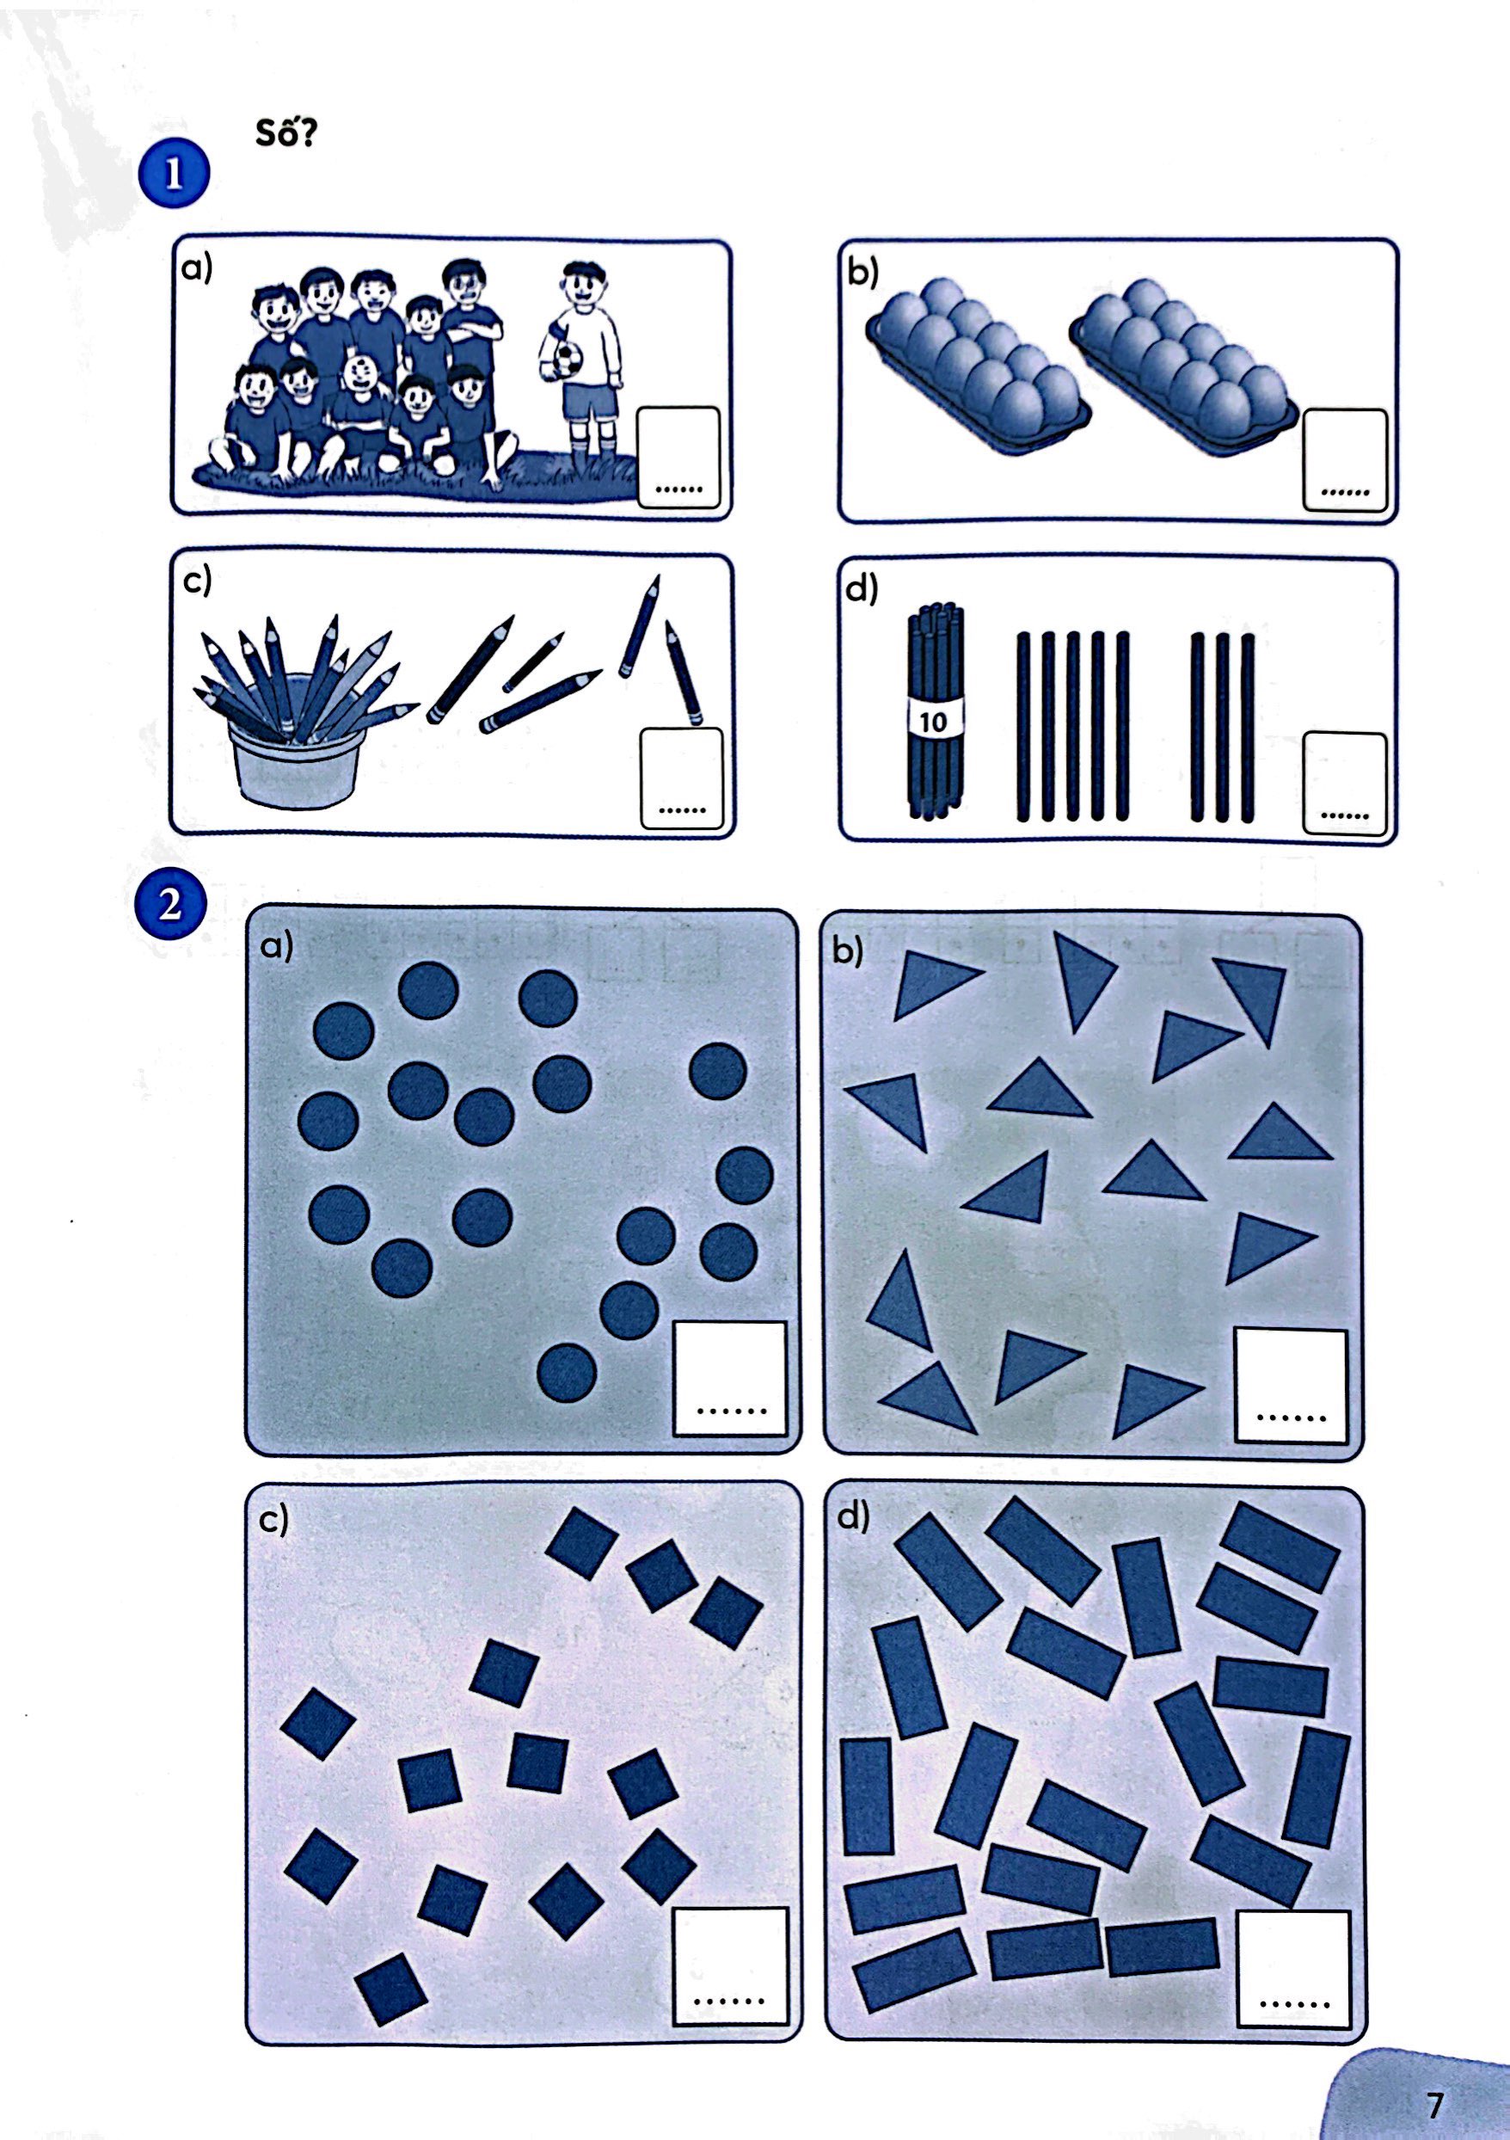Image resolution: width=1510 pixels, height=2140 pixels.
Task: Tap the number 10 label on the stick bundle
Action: tap(933, 722)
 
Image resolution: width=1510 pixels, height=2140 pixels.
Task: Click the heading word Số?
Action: tap(286, 133)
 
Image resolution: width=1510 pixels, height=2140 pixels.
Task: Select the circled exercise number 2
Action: tap(169, 904)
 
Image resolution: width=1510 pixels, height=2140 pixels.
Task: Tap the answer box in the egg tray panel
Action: tap(1344, 459)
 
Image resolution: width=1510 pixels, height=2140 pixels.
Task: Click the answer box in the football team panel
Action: tap(678, 457)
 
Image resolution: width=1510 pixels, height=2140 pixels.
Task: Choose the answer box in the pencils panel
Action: tap(682, 778)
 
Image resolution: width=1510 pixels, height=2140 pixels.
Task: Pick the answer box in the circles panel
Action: tap(730, 1379)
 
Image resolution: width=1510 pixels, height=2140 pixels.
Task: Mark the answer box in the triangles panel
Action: tap(1291, 1386)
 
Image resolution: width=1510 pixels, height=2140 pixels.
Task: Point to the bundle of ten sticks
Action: tap(935, 713)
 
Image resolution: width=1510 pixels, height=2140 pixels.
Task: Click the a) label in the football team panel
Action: tap(197, 269)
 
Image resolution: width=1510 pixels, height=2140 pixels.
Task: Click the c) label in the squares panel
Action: tap(274, 1519)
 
